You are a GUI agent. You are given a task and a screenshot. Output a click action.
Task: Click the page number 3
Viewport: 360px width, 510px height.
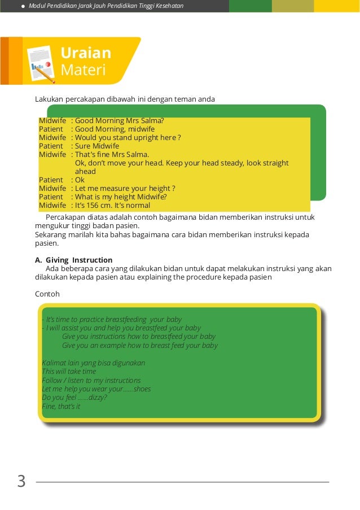coord(21,482)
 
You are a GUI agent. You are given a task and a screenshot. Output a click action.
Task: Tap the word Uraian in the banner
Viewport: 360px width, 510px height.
coord(86,53)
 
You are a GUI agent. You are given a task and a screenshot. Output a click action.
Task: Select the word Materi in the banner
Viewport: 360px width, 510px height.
coord(83,70)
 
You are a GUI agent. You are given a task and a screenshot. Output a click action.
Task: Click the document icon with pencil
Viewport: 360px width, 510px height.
coord(41,64)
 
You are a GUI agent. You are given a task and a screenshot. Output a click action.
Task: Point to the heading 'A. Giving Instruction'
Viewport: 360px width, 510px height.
coord(73,260)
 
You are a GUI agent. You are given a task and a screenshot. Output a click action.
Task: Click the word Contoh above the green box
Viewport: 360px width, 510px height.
coord(47,294)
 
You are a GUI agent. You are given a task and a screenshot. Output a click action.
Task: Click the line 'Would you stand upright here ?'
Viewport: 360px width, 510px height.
coord(128,137)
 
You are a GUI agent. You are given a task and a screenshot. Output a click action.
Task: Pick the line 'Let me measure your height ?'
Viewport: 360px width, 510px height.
coord(125,189)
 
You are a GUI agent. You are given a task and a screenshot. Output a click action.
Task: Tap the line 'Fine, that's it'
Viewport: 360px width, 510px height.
coord(61,406)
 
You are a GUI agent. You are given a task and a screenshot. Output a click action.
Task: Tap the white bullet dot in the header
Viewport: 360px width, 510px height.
coord(23,6)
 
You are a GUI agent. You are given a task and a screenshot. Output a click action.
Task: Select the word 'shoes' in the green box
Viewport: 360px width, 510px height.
coord(141,389)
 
